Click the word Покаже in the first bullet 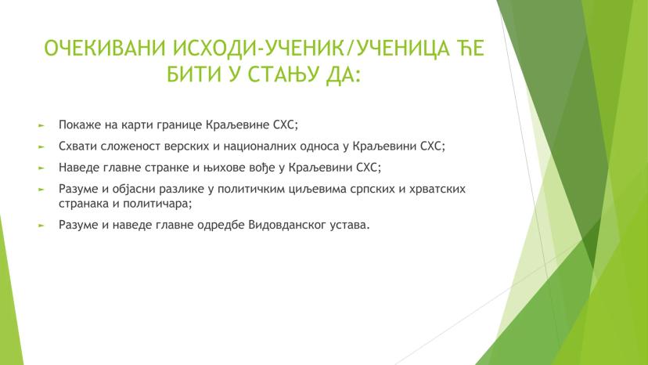[x=77, y=125]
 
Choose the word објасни [x=146, y=189]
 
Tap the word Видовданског [x=277, y=225]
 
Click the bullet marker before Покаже [x=43, y=125]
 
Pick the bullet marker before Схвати [x=43, y=146]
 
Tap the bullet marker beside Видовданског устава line [x=43, y=225]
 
